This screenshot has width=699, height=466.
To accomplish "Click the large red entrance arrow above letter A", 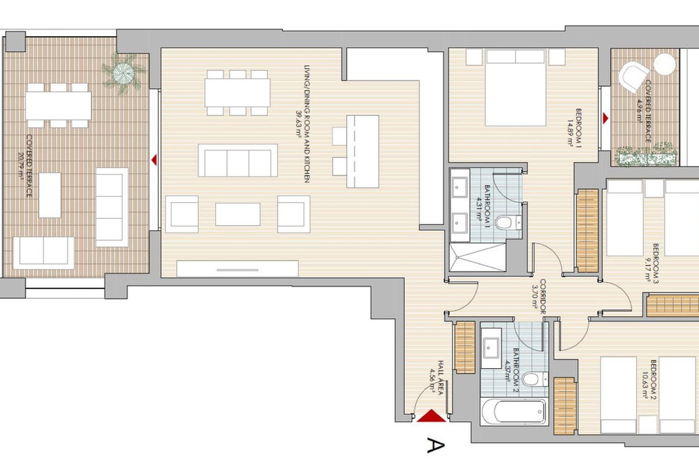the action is coord(431,416).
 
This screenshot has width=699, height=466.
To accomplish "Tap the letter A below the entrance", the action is coord(435,446).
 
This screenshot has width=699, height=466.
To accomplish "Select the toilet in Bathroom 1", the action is coord(508,223).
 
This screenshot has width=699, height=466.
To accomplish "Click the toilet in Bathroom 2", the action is coord(535,379).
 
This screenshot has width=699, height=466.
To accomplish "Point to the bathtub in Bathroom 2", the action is coord(514,412).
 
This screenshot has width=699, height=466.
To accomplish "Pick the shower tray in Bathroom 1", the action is coord(478,257).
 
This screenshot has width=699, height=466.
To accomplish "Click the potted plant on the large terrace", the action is coord(123,73).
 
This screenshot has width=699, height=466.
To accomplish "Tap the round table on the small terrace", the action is coord(665,64).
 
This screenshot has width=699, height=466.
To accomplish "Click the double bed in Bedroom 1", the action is coord(516,87).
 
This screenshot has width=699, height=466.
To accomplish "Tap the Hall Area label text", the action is coord(440,377).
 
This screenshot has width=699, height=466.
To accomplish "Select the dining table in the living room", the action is coord(238,93).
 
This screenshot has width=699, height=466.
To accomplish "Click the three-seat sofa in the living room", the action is coord(238,160).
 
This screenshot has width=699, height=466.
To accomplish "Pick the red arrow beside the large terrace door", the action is coord(154,160).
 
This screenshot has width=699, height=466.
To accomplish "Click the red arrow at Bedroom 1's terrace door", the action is coord(605,118).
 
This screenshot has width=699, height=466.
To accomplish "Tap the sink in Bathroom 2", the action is coord(491,348).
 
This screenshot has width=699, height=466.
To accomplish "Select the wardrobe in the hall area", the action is coord(465,347).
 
